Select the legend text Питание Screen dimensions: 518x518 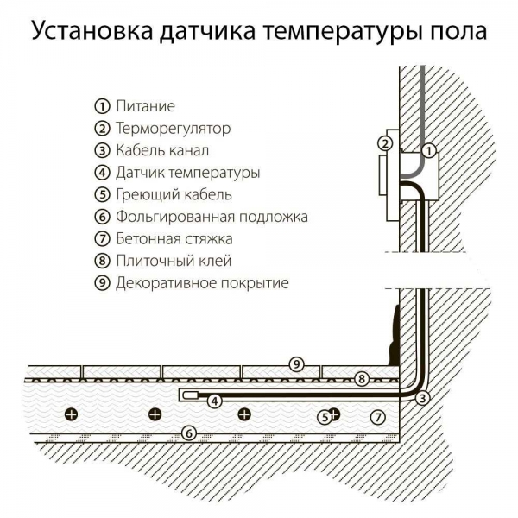tap(145, 106)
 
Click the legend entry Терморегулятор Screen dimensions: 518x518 tap(173, 129)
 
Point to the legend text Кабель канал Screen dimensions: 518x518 tap(161, 150)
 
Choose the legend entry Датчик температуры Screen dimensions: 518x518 tap(187, 173)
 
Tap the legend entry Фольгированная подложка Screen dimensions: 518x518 tap(212, 217)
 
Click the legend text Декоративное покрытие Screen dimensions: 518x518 tap(202, 282)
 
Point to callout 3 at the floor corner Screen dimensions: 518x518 tap(422, 398)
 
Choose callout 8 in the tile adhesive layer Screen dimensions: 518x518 tap(362, 378)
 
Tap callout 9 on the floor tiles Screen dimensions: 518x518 tap(295, 363)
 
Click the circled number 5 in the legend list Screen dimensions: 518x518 tap(102, 194)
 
